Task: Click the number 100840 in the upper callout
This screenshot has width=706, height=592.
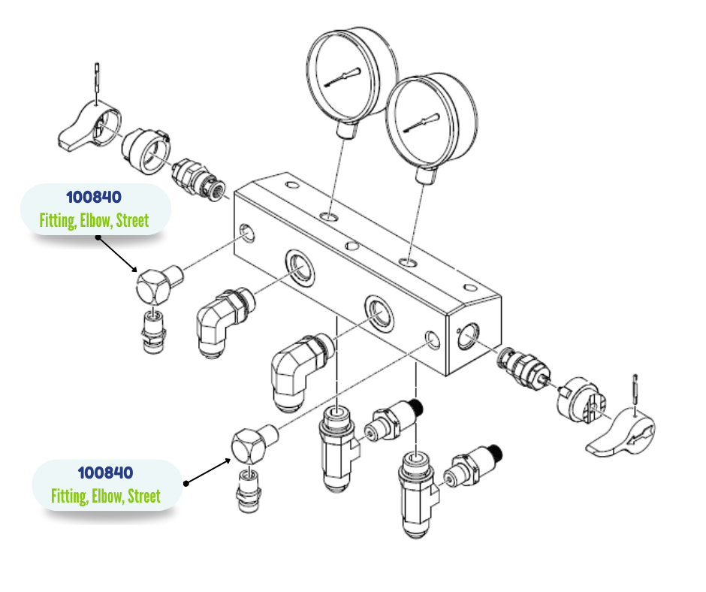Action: click(94, 198)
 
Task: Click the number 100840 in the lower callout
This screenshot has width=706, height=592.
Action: click(106, 473)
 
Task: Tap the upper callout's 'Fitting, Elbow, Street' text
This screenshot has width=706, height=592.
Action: click(94, 221)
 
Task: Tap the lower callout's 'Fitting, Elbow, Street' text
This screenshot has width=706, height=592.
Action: click(106, 497)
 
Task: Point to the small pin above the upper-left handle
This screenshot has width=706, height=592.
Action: click(98, 80)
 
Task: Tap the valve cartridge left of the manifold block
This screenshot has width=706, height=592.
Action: click(195, 178)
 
